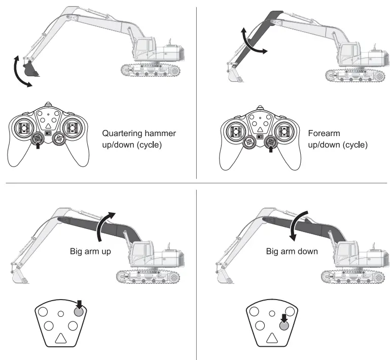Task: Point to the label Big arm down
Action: click(x=292, y=251)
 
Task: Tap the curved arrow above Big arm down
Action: click(x=299, y=224)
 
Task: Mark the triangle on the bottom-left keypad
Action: click(x=60, y=340)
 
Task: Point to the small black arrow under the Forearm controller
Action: click(x=270, y=149)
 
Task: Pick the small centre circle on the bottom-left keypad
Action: click(x=60, y=314)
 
